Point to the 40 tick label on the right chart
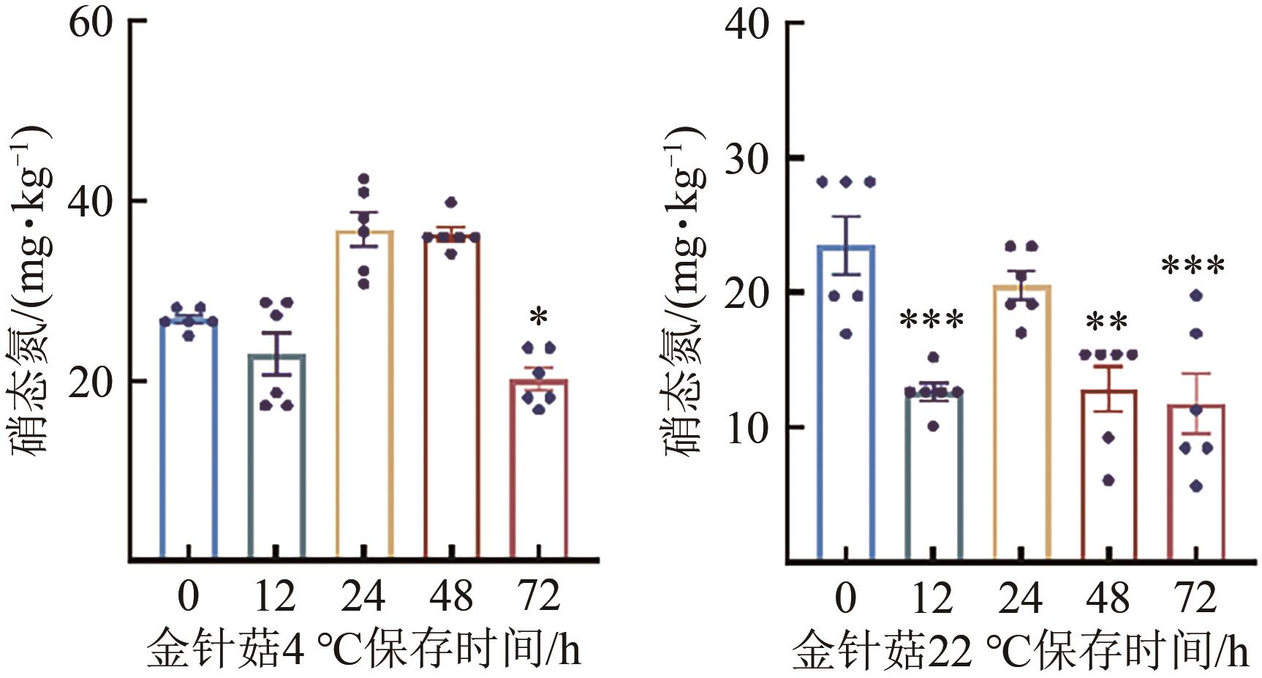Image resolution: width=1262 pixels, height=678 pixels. pyautogui.click(x=747, y=26)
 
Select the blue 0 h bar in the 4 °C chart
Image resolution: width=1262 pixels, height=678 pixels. pyautogui.click(x=189, y=439)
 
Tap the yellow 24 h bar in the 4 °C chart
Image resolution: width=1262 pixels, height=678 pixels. pyautogui.click(x=364, y=395)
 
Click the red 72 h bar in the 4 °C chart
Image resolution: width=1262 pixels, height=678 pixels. pyautogui.click(x=539, y=468)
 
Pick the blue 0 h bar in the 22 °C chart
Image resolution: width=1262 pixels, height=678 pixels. pyautogui.click(x=846, y=402)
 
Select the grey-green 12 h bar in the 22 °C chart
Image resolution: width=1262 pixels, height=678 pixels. pyautogui.click(x=934, y=475)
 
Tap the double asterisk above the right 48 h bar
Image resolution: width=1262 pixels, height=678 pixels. pyautogui.click(x=1107, y=323)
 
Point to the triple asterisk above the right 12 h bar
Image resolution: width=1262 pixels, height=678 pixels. pyautogui.click(x=932, y=320)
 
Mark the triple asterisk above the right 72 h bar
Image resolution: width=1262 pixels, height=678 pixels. pyautogui.click(x=1193, y=265)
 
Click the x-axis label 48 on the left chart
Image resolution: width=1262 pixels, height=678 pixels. pyautogui.click(x=451, y=596)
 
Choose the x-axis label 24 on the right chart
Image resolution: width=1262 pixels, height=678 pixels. pyautogui.click(x=1020, y=598)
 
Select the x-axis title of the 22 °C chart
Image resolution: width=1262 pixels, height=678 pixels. pyautogui.click(x=1020, y=650)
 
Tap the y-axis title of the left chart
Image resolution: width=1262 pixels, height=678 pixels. pyautogui.click(x=31, y=289)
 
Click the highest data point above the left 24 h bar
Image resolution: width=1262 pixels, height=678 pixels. pyautogui.click(x=364, y=178)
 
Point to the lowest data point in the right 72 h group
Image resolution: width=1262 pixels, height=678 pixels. pyautogui.click(x=1196, y=486)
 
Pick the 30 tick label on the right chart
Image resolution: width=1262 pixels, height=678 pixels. pyautogui.click(x=747, y=159)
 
